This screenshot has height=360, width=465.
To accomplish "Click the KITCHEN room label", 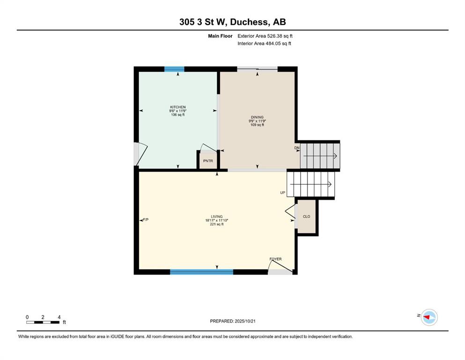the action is click(177, 107).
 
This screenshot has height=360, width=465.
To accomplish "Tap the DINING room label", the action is click(257, 117).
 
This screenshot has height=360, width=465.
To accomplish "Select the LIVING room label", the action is click(217, 217).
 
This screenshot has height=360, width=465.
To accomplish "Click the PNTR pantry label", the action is click(208, 161).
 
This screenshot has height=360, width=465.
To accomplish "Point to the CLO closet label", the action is click(306, 217).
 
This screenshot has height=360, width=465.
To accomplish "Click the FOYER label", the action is click(275, 259).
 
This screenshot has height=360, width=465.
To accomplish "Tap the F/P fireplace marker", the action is click(146, 220).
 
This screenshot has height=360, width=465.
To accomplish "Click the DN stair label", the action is click(297, 148).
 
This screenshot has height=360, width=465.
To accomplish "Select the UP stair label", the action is click(283, 193).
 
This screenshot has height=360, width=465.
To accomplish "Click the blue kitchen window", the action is click(174, 69).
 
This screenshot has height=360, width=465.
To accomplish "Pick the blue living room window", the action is click(202, 272).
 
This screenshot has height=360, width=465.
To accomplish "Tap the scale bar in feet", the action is click(43, 322).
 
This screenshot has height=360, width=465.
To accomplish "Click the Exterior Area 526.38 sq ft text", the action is click(265, 36).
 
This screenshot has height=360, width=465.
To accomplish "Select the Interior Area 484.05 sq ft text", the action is click(264, 43).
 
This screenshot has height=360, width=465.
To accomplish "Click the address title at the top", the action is click(232, 22).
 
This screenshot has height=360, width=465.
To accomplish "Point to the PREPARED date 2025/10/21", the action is click(232, 321).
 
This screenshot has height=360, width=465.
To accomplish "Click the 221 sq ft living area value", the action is click(217, 225).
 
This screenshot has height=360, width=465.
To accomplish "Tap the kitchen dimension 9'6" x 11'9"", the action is click(177, 111).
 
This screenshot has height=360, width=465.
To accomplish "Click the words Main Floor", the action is click(220, 36).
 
